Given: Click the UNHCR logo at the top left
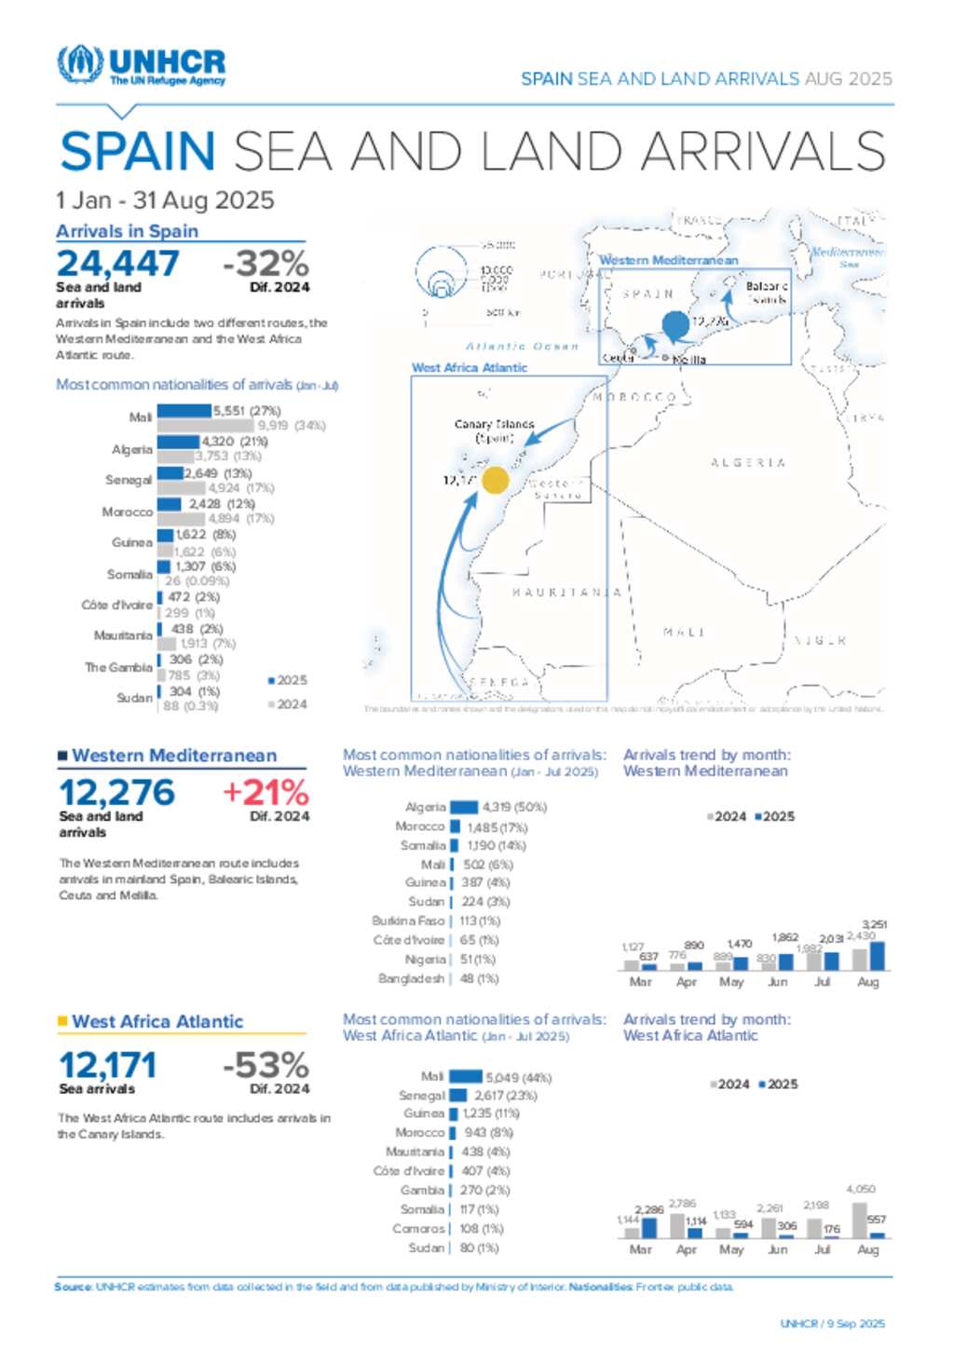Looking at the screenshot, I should [142, 65].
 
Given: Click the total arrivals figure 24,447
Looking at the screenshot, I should [117, 264].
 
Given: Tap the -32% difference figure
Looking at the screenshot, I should [266, 264].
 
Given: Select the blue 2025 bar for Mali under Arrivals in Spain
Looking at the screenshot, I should [184, 411].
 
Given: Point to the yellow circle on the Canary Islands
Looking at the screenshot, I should [495, 480].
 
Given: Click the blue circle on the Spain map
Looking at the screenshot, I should [675, 325].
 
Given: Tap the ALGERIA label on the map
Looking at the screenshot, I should [747, 462].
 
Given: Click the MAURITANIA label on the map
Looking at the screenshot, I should [566, 593].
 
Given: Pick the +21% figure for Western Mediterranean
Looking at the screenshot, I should [266, 793].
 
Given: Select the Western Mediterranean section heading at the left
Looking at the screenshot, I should [174, 756].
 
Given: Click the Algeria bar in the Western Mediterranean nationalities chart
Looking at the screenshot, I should [464, 807].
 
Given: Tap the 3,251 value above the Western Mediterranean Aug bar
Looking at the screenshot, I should [874, 924].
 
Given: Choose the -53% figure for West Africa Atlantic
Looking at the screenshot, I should [266, 1065].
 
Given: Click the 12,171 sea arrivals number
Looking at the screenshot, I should [108, 1065].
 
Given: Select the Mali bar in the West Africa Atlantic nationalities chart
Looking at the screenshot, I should [466, 1077].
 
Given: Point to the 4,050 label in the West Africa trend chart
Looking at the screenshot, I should [861, 1189].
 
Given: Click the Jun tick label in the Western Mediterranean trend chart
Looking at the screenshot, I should [778, 982].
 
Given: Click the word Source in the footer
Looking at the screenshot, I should [73, 1287].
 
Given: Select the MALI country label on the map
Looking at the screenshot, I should [684, 633].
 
